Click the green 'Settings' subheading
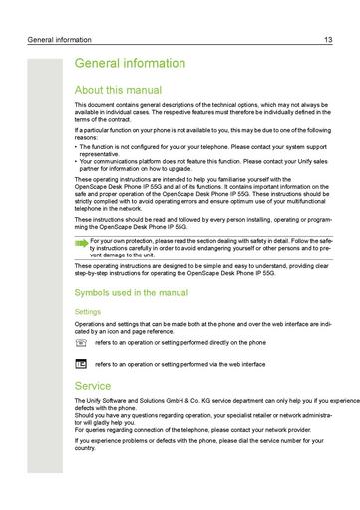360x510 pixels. tap(89, 312)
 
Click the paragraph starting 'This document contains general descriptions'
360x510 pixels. tap(199, 111)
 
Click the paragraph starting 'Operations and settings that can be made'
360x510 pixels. tap(199, 327)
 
